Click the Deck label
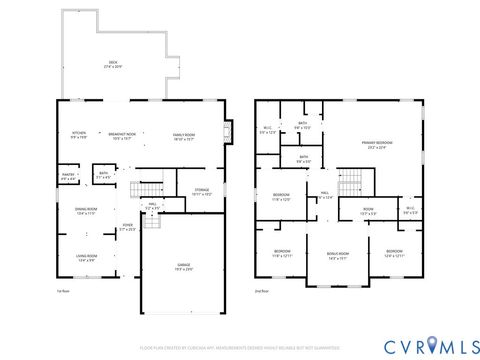coord(112,64)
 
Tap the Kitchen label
coord(78,135)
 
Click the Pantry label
coord(69,176)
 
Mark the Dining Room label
coord(85,212)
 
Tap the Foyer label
coord(127,228)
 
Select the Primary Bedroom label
coord(375,146)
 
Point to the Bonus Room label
coord(338,255)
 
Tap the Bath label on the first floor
coord(103,175)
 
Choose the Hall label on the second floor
coord(325,195)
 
